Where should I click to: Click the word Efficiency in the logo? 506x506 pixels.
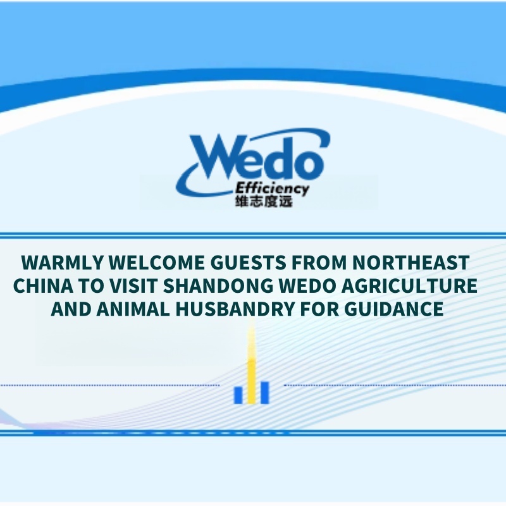[272, 188]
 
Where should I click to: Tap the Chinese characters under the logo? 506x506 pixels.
[263, 202]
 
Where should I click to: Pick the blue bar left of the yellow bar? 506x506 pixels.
[238, 394]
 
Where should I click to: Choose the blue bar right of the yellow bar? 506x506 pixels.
[265, 392]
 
